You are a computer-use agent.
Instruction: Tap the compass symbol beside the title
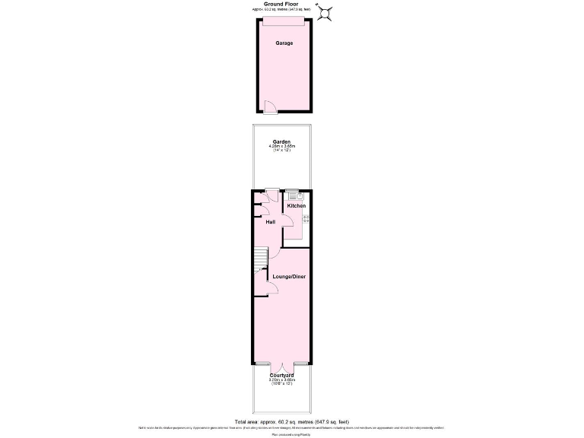pyautogui.click(x=326, y=12)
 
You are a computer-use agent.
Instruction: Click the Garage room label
pyautogui.click(x=284, y=43)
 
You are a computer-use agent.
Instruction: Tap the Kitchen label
pyautogui.click(x=296, y=206)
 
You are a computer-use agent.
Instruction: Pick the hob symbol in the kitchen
pyautogui.click(x=306, y=219)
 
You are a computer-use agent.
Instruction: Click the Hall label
pyautogui.click(x=270, y=222)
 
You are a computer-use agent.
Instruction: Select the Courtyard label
pyautogui.click(x=281, y=374)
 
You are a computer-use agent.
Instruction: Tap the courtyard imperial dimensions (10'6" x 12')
pyautogui.click(x=281, y=383)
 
